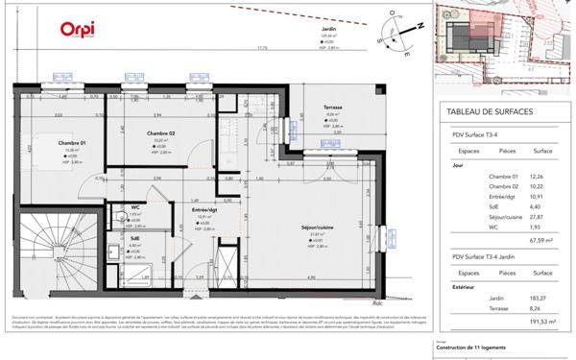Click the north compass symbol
(x=396, y=26)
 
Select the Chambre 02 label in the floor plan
(x=160, y=133)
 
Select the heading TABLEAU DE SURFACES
(x=492, y=113)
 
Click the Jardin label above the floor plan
(x=328, y=30)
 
